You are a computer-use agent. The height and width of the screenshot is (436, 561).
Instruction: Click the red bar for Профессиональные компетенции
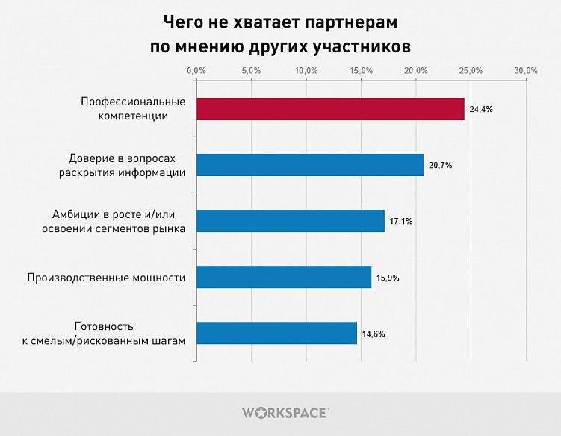pos(330,109)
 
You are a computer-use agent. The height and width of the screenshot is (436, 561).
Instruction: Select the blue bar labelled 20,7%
pos(310,165)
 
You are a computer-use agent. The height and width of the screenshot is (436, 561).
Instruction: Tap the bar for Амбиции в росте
pos(291,221)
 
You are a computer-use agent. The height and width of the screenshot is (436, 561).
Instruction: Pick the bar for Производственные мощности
pos(284,277)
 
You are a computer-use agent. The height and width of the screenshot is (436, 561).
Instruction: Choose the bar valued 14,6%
pos(276,333)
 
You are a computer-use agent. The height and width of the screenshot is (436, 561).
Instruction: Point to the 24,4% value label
pos(480,110)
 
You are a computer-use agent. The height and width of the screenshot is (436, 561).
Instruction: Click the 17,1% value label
pos(401,222)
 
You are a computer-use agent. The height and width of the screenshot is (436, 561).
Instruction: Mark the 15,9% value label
pos(388,278)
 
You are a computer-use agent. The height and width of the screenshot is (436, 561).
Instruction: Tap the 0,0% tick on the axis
pos(196,70)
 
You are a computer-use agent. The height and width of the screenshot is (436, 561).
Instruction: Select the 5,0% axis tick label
pos(252,70)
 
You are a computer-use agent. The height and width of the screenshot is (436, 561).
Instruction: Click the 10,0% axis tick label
pos(306,70)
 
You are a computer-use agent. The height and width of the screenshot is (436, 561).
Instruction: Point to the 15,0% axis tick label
pos(362,70)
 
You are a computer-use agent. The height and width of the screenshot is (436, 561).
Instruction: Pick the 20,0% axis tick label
pos(416,70)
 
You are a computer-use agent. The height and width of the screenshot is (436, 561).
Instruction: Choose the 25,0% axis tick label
pos(471,70)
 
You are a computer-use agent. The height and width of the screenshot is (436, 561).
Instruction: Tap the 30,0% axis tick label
pos(527,70)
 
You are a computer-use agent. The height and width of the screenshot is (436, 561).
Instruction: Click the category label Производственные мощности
pos(106,278)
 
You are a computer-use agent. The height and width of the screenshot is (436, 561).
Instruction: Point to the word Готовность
pos(104,326)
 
